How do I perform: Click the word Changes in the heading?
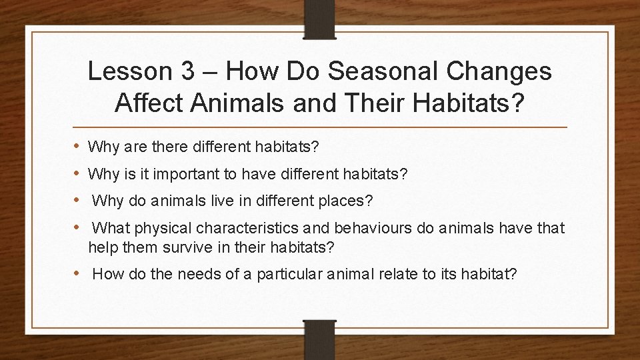coord(506,72)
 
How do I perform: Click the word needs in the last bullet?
coord(179,273)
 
